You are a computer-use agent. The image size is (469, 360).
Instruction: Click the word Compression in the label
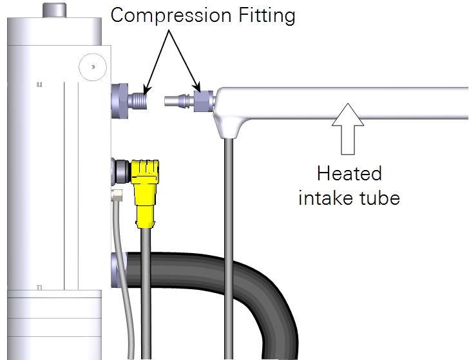point(171,15)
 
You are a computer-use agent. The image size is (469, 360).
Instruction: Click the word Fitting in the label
point(267,15)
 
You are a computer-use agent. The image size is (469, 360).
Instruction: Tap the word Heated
point(349,173)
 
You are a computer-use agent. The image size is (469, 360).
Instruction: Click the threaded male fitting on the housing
point(138,101)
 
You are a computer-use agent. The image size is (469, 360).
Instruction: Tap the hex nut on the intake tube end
point(204,101)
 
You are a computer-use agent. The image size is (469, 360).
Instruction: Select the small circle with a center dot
point(93,67)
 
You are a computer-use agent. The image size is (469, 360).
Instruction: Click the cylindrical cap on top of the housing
point(54,10)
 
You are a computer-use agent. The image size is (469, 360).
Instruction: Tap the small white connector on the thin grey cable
point(117,196)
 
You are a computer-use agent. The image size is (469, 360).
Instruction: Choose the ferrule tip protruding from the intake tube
point(176,100)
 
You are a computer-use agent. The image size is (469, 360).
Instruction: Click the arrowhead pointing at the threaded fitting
point(147,90)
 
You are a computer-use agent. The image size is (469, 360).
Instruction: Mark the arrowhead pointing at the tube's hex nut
point(196,87)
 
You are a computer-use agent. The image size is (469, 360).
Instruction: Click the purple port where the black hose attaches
point(119,270)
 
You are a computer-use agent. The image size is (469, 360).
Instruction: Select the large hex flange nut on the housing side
point(120,101)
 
